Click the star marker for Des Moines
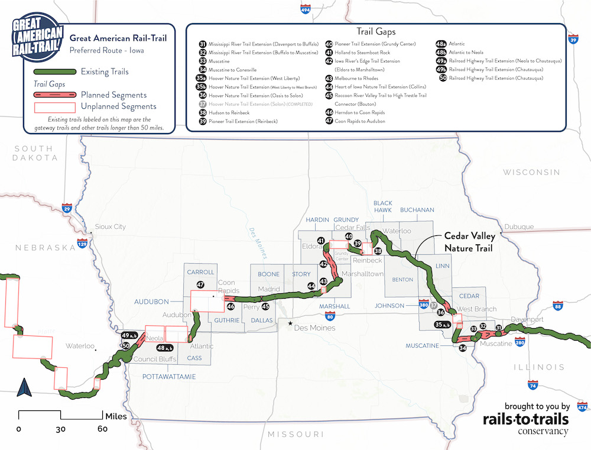coord(290,324)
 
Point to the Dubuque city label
coord(519,226)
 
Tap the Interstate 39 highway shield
coord(573,39)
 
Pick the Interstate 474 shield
coord(582,407)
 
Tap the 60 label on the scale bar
coord(102,428)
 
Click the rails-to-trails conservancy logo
coord(525,419)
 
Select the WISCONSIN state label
coord(531,172)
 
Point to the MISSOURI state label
coord(295,434)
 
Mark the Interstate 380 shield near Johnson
coord(423,305)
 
